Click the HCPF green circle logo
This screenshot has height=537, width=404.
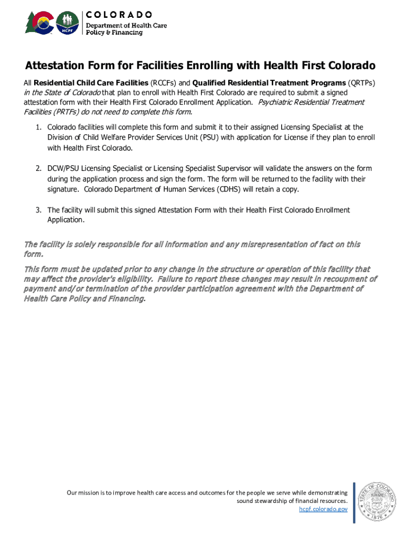tap(67, 23)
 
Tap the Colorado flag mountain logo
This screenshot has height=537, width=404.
tap(39, 23)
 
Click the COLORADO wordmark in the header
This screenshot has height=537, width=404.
tap(119, 14)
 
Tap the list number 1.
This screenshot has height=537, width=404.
tap(38, 127)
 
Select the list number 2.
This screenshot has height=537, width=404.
tap(38, 169)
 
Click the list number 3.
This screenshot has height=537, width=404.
tap(38, 210)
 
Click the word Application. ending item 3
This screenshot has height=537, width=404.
tap(66, 220)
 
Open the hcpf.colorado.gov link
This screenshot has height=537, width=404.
tap(323, 509)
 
